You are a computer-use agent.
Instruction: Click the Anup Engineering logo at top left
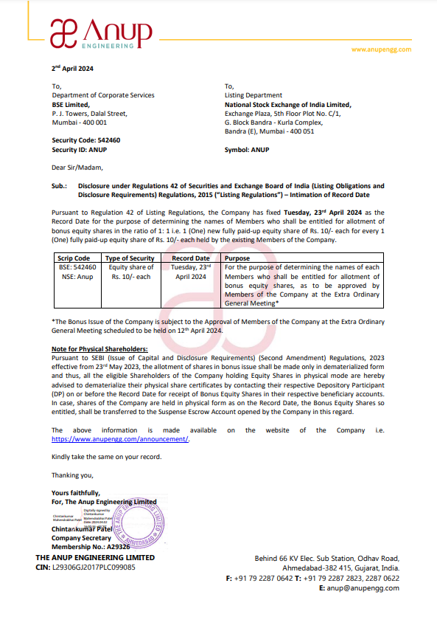(101, 33)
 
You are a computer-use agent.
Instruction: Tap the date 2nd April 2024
(73, 69)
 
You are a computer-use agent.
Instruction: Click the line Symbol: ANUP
(247, 150)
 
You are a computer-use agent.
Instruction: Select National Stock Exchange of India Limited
(288, 105)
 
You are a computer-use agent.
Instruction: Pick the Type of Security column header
(130, 258)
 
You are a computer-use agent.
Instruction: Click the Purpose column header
(237, 258)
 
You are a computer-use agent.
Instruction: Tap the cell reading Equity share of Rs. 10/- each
(130, 272)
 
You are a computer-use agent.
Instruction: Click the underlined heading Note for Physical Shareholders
(99, 348)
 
